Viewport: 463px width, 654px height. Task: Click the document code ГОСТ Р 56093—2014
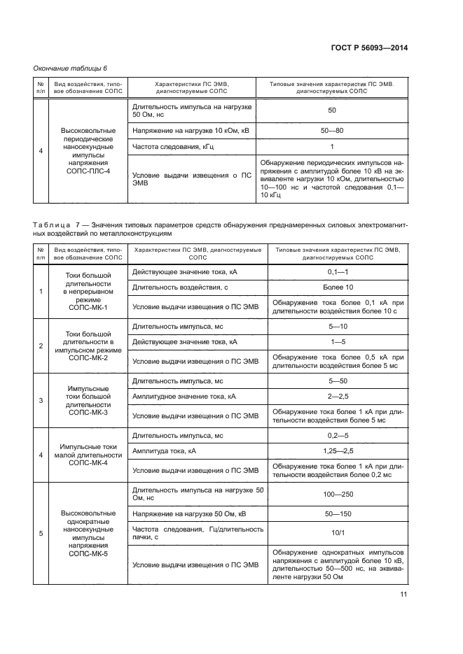(369, 48)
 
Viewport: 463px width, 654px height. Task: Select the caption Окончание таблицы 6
(70, 68)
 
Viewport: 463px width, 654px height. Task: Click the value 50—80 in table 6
(331, 130)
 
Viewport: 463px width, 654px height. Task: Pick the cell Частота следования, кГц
(163, 147)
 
